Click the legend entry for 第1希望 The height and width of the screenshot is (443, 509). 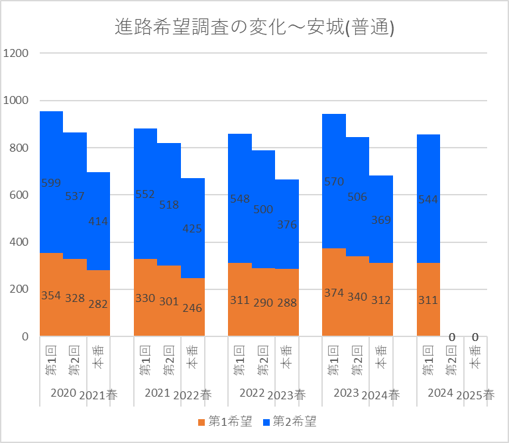[x=225, y=421]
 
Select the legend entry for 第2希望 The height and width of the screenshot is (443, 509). [x=291, y=421]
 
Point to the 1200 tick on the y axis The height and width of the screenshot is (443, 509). [x=16, y=54]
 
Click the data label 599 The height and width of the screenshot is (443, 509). [x=51, y=183]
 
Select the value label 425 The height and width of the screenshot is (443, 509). [x=192, y=229]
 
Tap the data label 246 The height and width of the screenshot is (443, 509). [x=192, y=308]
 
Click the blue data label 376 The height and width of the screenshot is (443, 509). [x=286, y=224]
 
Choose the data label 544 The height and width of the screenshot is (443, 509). [x=428, y=199]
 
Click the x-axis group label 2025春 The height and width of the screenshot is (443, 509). [x=476, y=395]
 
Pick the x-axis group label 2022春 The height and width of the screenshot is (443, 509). [x=192, y=395]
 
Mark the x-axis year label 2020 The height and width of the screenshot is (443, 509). [x=64, y=393]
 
